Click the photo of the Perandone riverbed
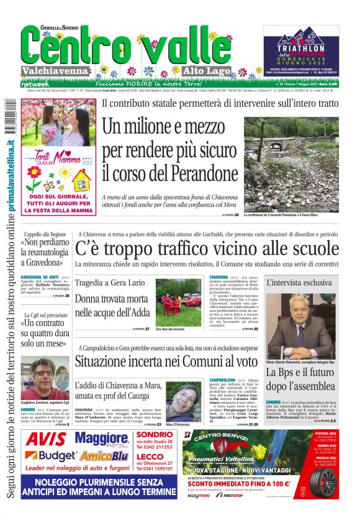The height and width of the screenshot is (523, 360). tap(300, 164)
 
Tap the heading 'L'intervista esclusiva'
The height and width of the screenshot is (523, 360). tap(299, 283)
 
